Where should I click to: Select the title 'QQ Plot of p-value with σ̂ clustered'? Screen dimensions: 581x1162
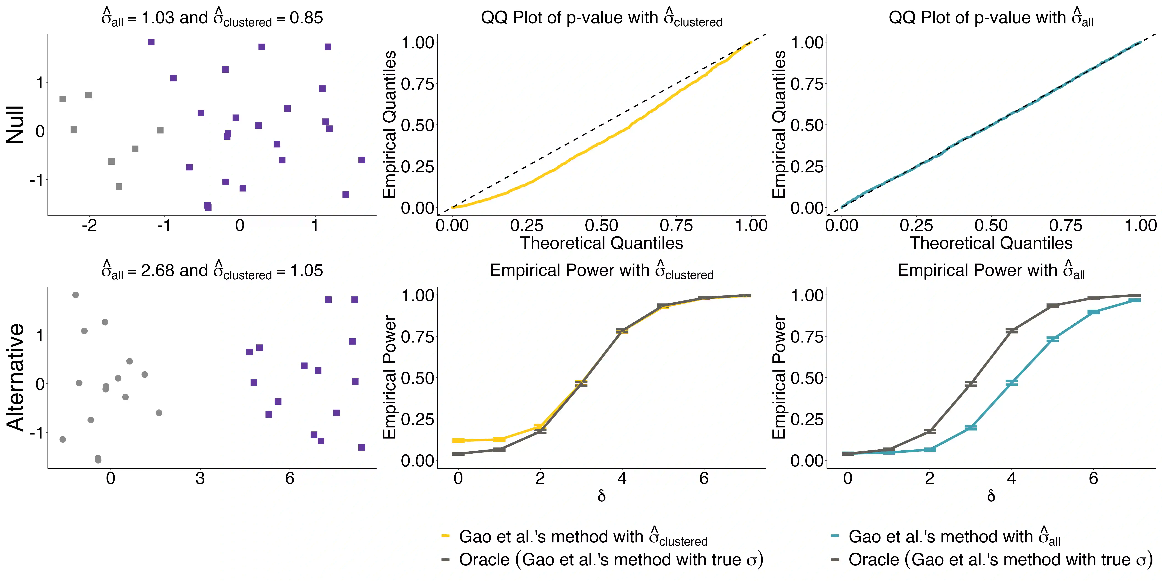click(x=601, y=18)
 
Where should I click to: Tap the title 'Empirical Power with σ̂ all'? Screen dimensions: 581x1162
click(x=991, y=271)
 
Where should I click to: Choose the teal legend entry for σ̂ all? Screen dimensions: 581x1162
click(x=954, y=537)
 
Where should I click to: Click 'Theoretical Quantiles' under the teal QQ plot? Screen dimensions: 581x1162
click(x=991, y=244)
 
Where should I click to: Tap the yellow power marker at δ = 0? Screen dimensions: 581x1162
click(x=458, y=440)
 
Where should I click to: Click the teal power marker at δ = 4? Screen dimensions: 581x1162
click(x=1012, y=382)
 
